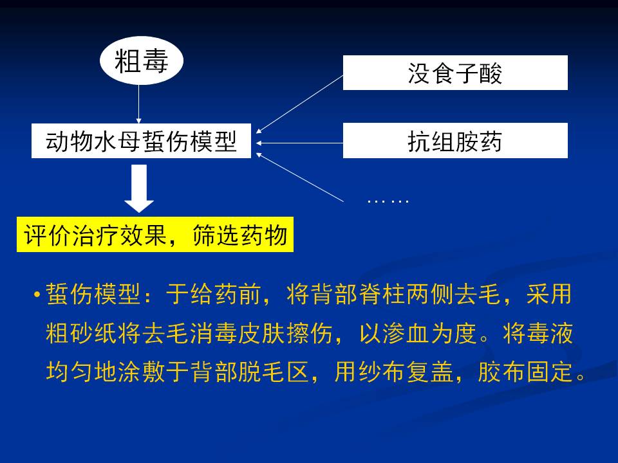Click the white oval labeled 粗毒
142,60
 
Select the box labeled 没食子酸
455,73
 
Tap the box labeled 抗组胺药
455,141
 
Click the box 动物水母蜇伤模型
141,141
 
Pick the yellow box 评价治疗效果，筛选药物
155,234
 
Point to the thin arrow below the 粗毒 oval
139,104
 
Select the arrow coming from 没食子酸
299,104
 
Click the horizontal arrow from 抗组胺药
299,143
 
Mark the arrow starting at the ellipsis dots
299,177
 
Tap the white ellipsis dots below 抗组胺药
388,201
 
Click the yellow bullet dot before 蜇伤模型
37,294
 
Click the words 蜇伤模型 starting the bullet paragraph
93,294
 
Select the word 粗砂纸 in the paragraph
82,333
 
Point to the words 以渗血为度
418,333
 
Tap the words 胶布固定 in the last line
525,371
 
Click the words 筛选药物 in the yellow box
239,235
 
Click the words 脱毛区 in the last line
273,371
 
